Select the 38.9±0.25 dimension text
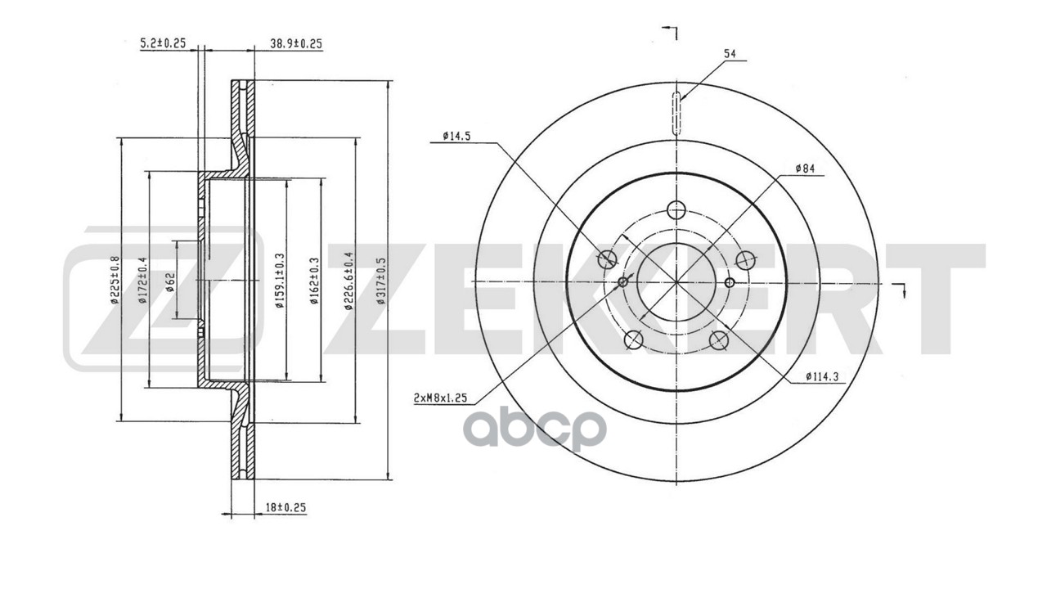point(295,43)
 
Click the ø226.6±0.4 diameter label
point(348,281)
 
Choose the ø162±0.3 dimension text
point(313,281)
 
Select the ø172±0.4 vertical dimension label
point(142,281)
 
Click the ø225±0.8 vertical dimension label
point(115,281)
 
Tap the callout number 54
point(730,54)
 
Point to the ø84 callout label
point(806,169)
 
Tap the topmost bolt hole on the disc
point(676,210)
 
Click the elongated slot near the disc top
point(676,115)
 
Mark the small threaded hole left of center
point(623,282)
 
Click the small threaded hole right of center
point(730,283)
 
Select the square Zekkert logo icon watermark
point(164,299)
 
